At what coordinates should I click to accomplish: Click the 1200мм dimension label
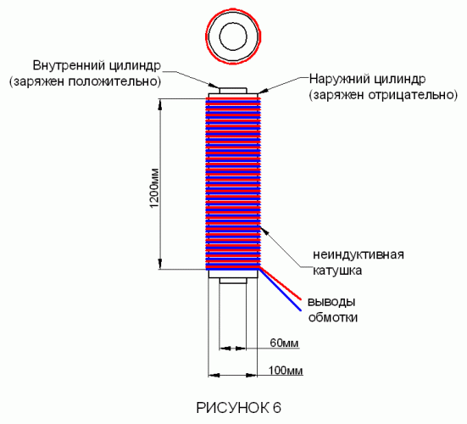[x=155, y=188]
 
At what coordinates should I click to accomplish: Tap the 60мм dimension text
[x=284, y=343]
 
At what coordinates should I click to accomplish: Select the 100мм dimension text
[x=286, y=371]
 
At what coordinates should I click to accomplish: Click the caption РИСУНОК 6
[x=238, y=408]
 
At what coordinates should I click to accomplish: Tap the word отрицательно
[x=413, y=95]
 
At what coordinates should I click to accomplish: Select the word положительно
[x=115, y=81]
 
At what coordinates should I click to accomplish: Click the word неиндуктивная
[x=359, y=254]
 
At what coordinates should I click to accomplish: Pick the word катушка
[x=337, y=271]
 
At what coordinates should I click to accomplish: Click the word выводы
[x=331, y=302]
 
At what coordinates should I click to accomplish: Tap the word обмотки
[x=333, y=318]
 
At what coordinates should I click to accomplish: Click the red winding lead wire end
[x=301, y=298]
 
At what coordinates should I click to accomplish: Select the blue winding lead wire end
[x=300, y=310]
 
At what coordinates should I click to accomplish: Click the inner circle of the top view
[x=233, y=23]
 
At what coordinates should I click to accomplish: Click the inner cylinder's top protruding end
[x=233, y=90]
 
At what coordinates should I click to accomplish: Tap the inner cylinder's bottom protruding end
[x=233, y=281]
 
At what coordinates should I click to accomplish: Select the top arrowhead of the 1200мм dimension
[x=160, y=103]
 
